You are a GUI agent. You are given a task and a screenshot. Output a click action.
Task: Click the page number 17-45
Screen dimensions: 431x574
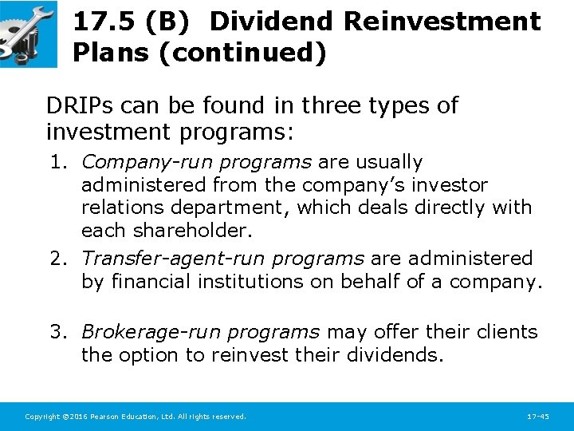coord(538,417)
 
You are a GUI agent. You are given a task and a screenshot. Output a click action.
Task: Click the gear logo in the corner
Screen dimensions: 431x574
coord(28,34)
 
